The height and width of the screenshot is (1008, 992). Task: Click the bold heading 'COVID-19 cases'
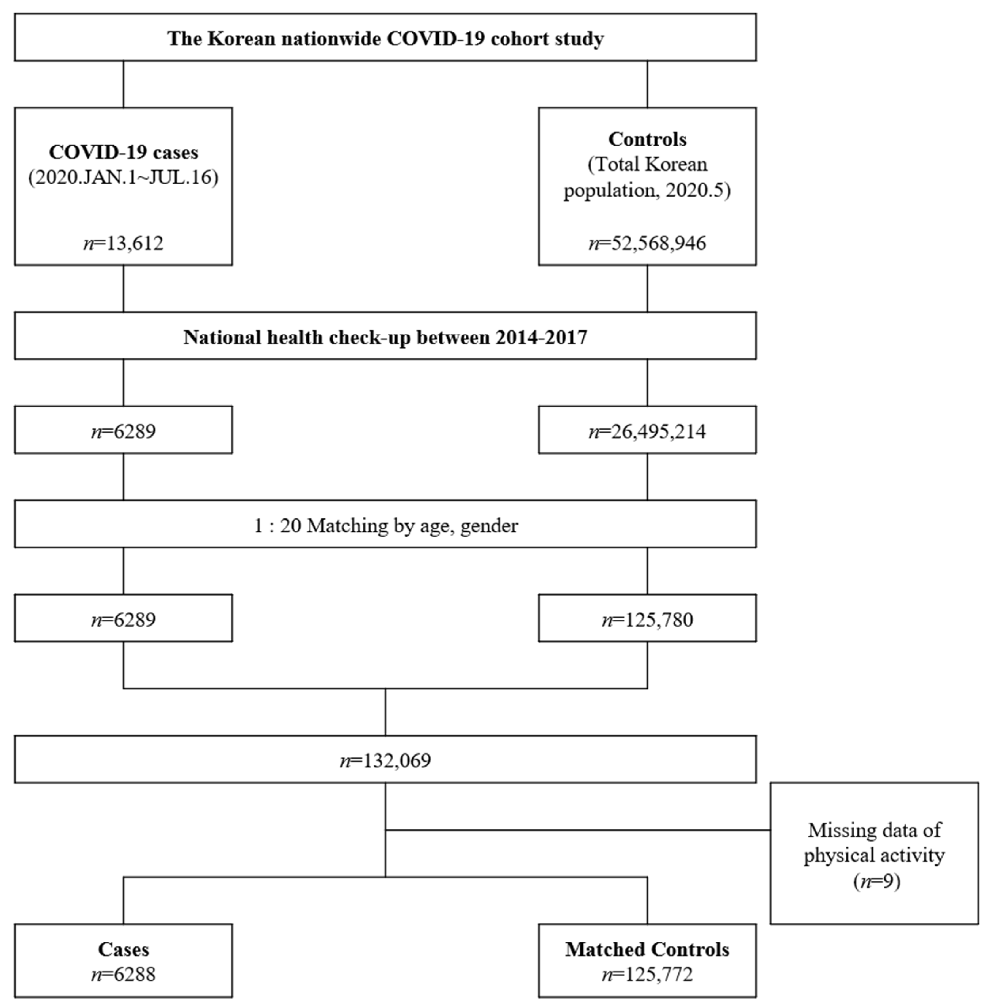[x=124, y=152]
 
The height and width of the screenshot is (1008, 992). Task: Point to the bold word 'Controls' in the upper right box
[x=647, y=139]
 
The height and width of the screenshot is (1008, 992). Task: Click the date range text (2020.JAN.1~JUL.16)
[x=124, y=178]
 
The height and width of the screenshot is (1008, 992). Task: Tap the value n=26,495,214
[x=647, y=431]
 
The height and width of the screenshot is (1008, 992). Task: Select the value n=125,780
[x=647, y=620]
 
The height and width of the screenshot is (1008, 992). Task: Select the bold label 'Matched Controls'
[x=647, y=949]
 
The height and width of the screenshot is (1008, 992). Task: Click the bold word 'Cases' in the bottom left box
[x=124, y=949]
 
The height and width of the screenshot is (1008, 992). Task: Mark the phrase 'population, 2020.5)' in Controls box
[x=647, y=190]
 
